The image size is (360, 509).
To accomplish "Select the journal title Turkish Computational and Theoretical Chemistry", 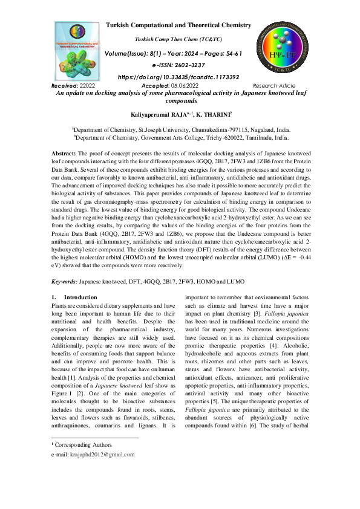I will pyautogui.click(x=178, y=25).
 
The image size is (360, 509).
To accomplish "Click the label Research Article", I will pyautogui.click(x=273, y=86).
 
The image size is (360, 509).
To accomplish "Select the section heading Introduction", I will pyautogui.click(x=80, y=297).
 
